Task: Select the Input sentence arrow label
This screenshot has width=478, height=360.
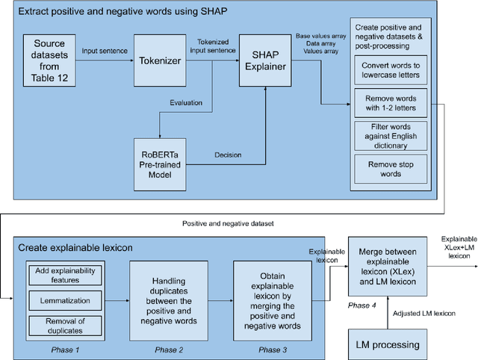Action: [105, 51]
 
